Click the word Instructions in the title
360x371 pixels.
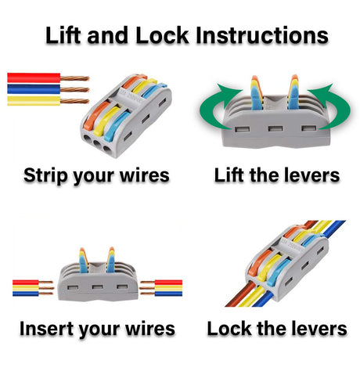(262, 35)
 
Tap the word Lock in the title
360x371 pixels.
(162, 35)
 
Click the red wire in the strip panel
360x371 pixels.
(34, 77)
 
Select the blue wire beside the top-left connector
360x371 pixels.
(34, 89)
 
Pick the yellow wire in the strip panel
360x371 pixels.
(34, 101)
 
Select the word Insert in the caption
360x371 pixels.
(47, 329)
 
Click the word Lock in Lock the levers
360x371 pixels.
(230, 329)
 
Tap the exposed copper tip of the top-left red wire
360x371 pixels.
(75, 77)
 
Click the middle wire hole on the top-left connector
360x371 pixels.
(98, 144)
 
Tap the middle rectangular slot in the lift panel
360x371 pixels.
(275, 128)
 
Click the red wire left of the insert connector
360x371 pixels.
(26, 283)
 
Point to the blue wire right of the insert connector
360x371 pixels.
(168, 294)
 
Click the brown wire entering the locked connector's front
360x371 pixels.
(240, 294)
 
